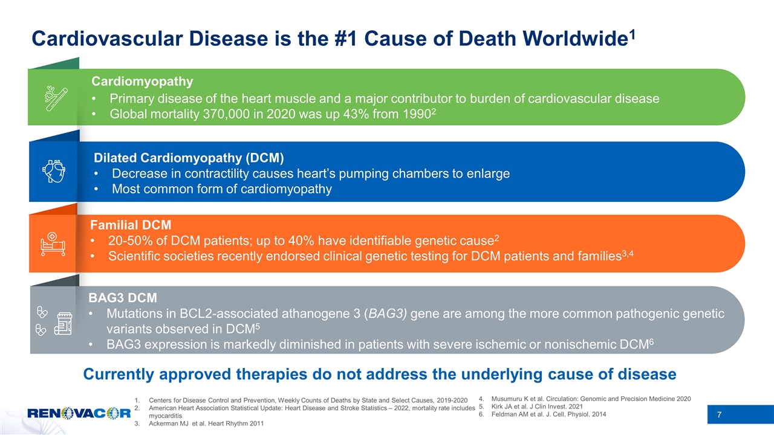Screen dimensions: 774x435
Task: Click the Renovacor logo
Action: pos(79,413)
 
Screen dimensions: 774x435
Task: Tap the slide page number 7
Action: pos(719,414)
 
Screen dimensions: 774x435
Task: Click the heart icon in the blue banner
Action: pos(54,171)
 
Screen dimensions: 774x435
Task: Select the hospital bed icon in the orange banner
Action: pos(53,243)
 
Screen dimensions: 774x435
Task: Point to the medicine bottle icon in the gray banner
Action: pos(63,324)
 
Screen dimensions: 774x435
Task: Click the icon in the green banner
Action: pos(56,98)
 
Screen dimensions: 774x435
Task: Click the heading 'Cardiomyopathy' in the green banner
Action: pos(142,82)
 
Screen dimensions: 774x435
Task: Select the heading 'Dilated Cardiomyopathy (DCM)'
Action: pos(189,158)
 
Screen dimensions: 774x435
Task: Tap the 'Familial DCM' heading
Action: pos(131,225)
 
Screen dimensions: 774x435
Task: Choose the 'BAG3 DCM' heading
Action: pos(123,298)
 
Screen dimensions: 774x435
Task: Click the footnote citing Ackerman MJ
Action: pos(206,424)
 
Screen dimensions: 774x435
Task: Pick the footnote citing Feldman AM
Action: pos(548,414)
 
